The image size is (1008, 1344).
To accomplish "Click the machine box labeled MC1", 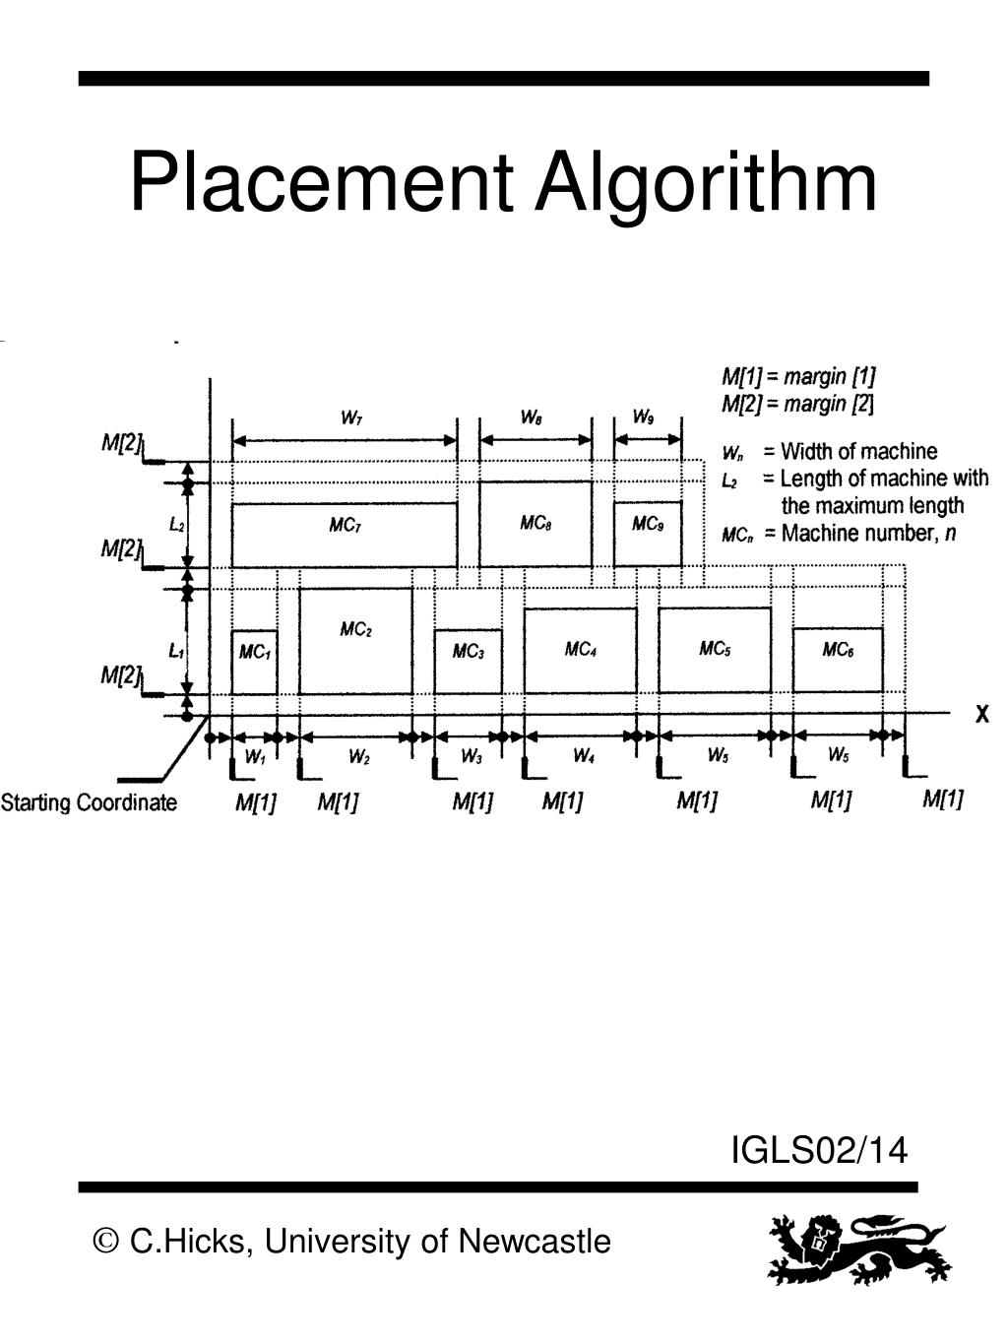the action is (x=254, y=662).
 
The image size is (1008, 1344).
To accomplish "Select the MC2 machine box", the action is (x=355, y=641).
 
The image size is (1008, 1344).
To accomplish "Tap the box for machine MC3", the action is (x=468, y=662).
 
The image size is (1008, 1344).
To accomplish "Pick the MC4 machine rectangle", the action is (x=580, y=650).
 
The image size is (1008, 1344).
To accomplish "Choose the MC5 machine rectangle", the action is (x=714, y=650).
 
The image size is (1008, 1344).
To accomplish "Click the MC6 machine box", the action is (x=838, y=660).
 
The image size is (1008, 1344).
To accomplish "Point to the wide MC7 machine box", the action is (x=345, y=534).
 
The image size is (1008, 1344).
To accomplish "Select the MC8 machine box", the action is (x=535, y=524).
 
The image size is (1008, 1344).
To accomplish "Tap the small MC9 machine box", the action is (x=648, y=534).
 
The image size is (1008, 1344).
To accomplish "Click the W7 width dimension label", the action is (x=350, y=417).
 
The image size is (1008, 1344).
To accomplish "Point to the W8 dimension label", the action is (x=531, y=417).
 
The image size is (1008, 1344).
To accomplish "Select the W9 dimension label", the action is (x=643, y=416).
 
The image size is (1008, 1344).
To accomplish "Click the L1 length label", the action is (x=176, y=651).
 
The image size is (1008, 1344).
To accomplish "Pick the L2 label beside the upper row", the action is (x=177, y=525).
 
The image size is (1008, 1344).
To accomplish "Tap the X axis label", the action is (x=981, y=716).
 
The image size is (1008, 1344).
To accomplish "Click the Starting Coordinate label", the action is (x=89, y=802).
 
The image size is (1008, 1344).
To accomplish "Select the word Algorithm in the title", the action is (x=705, y=183).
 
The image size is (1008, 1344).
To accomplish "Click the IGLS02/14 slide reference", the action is (x=819, y=1149).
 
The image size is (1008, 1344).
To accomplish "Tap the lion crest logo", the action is (x=857, y=1248).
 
